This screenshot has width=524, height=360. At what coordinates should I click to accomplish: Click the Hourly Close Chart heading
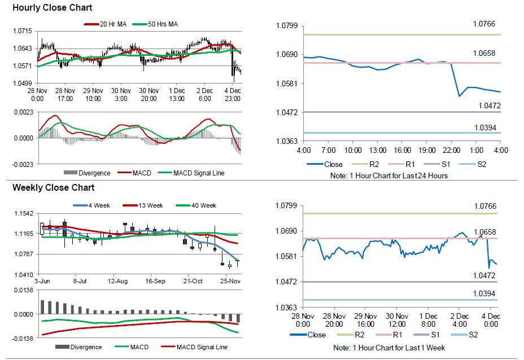click(53, 8)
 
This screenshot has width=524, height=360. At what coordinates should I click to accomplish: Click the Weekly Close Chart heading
click(54, 187)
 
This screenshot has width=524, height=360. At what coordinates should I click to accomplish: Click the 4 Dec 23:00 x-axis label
click(232, 94)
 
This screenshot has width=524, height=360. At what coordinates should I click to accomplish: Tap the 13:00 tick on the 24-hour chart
click(378, 151)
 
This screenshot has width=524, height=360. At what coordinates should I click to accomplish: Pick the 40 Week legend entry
click(197, 205)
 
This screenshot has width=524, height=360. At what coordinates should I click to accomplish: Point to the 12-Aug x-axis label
click(118, 280)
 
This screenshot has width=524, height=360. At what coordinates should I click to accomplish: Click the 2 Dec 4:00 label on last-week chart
click(460, 320)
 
